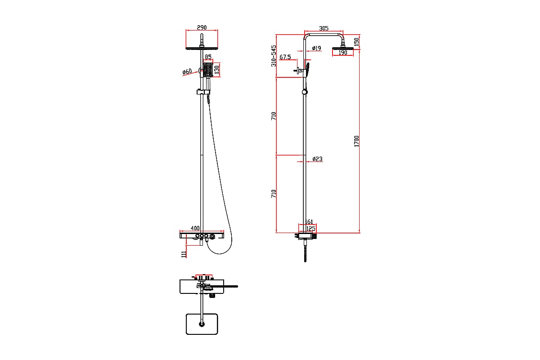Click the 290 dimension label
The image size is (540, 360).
(202, 27)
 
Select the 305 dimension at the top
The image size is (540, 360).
(324, 28)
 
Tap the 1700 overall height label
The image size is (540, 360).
(356, 141)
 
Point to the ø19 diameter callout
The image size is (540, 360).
(316, 48)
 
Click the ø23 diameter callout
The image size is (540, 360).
(317, 159)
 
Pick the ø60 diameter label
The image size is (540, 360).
(187, 72)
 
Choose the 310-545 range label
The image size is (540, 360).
(274, 56)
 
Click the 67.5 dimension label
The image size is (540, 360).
(285, 57)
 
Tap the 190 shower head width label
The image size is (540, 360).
(343, 53)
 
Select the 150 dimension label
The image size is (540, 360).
(356, 42)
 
